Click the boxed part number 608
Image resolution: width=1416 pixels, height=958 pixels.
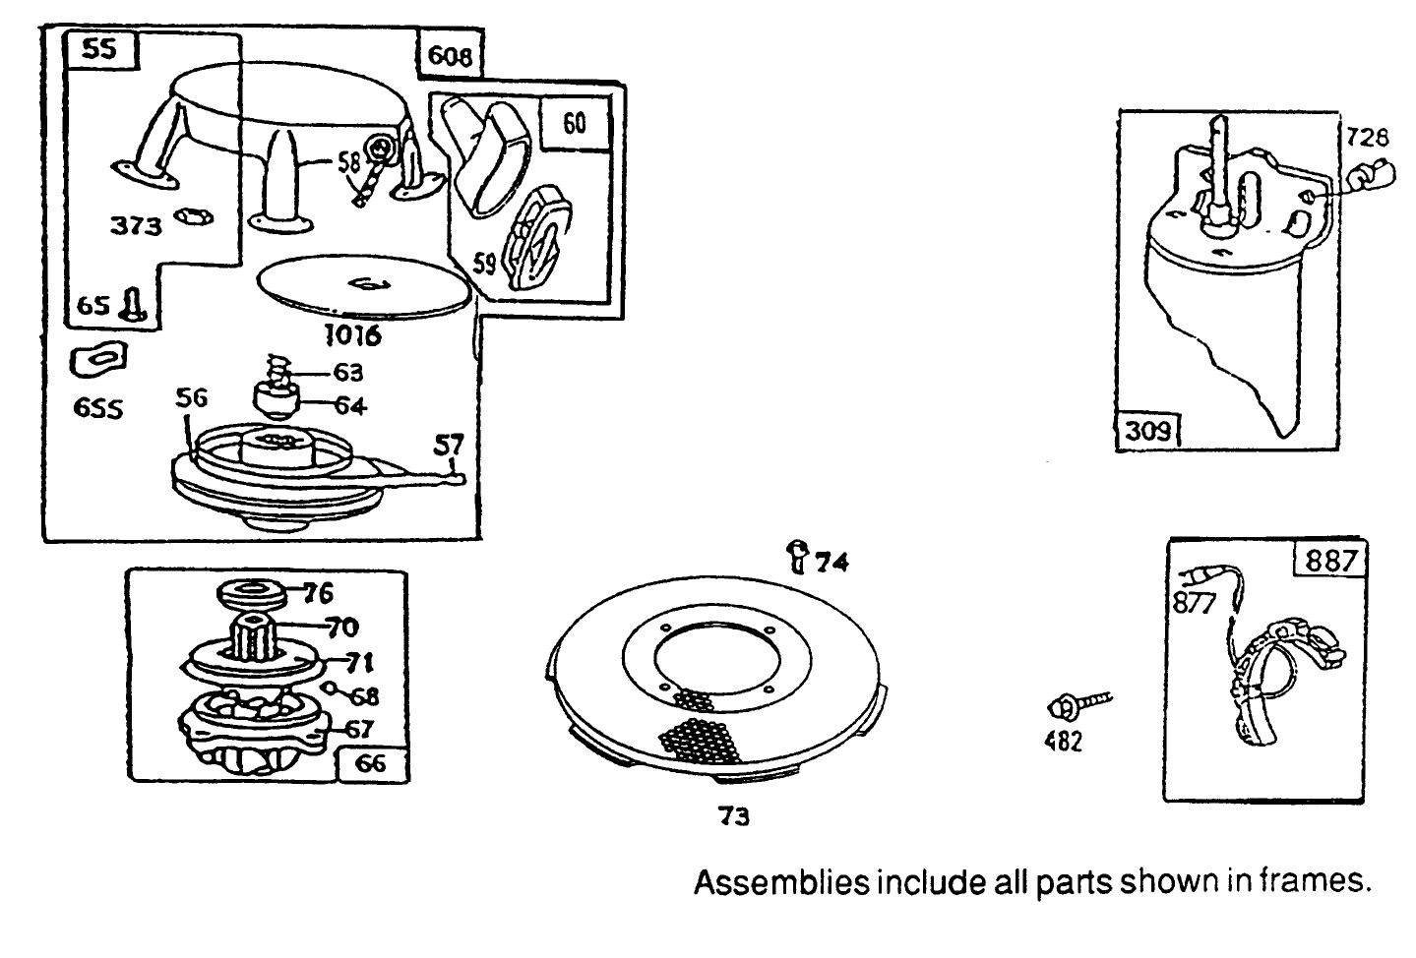click(450, 57)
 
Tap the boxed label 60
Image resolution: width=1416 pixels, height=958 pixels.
click(575, 122)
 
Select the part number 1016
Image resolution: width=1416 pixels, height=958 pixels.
click(352, 335)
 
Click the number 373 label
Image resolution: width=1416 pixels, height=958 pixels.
click(135, 225)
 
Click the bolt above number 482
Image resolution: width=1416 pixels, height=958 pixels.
click(1077, 703)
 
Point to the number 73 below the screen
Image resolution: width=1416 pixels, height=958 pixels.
click(734, 816)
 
